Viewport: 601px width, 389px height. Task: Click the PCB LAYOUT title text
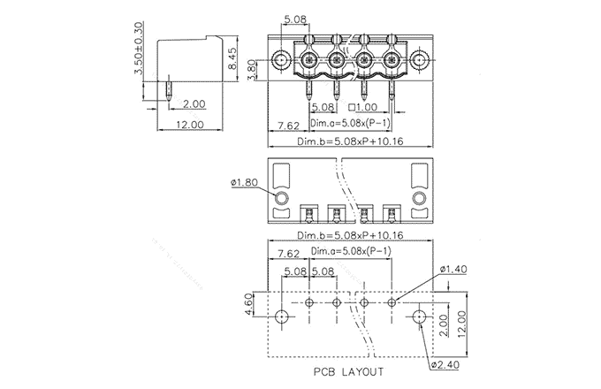(x=347, y=370)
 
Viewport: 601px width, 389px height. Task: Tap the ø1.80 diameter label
(x=244, y=182)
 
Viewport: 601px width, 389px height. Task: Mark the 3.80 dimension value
(x=253, y=67)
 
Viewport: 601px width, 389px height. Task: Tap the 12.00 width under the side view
(x=189, y=125)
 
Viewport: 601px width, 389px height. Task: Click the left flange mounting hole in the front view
(x=281, y=61)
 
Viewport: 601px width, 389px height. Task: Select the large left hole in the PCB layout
(x=281, y=317)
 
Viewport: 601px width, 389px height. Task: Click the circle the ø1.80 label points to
(x=281, y=198)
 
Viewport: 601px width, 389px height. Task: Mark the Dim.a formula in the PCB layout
(x=351, y=251)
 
